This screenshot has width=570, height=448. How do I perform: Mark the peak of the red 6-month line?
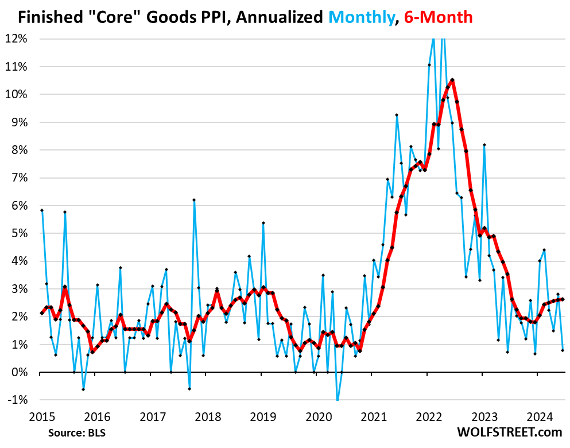pos(452,80)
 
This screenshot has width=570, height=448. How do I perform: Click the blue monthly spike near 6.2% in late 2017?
pos(194,200)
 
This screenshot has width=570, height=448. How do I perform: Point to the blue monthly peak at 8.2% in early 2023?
pos(484,145)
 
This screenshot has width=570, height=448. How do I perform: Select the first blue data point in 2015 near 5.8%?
pos(42,210)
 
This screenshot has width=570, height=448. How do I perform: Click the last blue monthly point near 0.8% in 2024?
pos(563,350)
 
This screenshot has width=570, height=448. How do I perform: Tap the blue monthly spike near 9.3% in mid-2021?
pos(397,115)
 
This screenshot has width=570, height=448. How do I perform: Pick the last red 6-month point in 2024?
pos(563,299)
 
